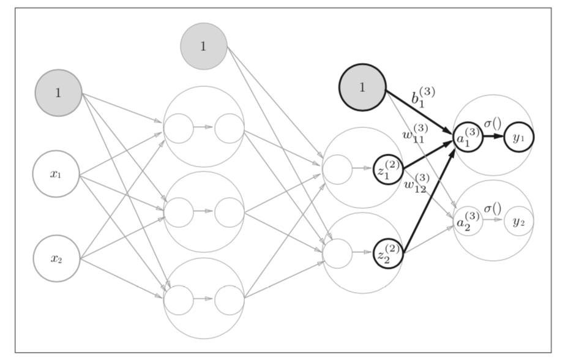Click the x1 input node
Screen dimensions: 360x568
(x=57, y=174)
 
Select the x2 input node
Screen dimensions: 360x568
(x=57, y=258)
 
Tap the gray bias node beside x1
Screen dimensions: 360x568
(x=58, y=93)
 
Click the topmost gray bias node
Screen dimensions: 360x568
(x=204, y=46)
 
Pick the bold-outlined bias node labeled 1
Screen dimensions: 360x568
(x=362, y=88)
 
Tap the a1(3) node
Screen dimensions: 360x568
(x=468, y=138)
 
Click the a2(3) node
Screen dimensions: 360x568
(x=468, y=222)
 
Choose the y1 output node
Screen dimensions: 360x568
(x=519, y=138)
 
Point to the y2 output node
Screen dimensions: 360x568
(x=518, y=222)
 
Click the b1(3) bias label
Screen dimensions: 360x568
(x=422, y=99)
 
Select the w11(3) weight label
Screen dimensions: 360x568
(x=416, y=134)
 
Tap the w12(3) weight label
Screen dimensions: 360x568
(x=416, y=183)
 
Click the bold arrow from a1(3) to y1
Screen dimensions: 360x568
(x=493, y=137)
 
